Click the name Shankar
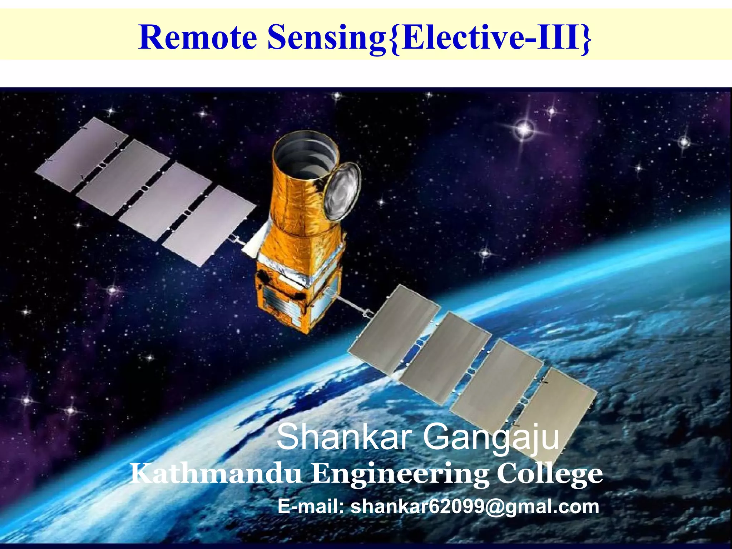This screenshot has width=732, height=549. [342, 438]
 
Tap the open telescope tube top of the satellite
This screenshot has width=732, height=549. [306, 154]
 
